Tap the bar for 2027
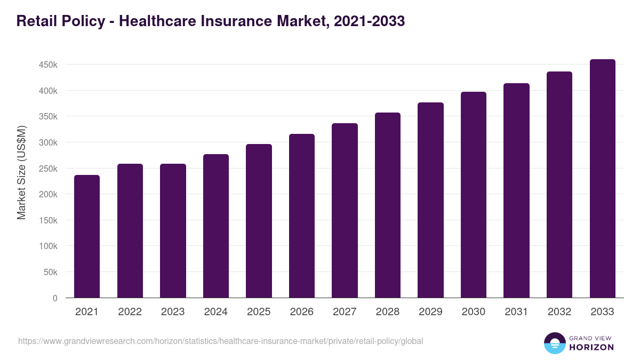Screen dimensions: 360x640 (345, 210)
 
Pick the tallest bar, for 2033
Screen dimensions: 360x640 (602, 178)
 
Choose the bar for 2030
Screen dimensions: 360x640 (474, 195)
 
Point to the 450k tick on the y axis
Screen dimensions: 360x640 (48, 65)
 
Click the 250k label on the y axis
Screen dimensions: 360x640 (48, 169)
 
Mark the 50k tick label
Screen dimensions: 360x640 (50, 272)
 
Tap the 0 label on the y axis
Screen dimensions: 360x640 (54, 298)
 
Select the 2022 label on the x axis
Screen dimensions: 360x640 (130, 312)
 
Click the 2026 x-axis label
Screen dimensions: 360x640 (301, 312)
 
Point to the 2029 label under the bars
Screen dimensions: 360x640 (430, 312)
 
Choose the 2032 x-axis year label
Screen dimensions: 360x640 (559, 312)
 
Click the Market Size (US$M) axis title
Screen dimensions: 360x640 (21, 172)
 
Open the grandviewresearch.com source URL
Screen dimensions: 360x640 (220, 341)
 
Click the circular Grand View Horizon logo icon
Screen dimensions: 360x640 (554, 343)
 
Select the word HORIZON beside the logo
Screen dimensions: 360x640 (591, 347)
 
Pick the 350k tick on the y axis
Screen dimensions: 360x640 (48, 116)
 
